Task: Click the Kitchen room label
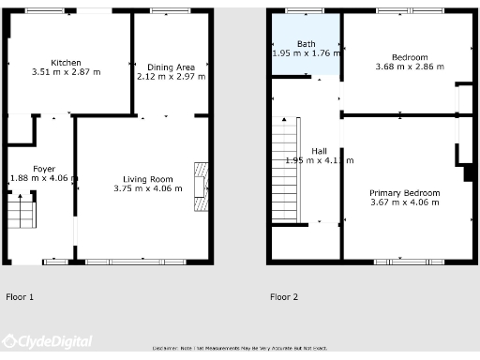[66, 61]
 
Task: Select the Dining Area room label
[171, 67]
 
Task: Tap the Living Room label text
[148, 179]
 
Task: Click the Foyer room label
[44, 169]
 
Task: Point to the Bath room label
[307, 44]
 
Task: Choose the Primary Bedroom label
[404, 192]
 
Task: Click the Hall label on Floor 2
[320, 151]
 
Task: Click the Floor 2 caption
[284, 297]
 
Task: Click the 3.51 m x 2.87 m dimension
[66, 71]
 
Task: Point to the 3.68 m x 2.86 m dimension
[410, 67]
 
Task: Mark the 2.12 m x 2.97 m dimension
[171, 77]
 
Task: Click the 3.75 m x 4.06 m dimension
[148, 188]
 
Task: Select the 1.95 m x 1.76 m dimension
[307, 53]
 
